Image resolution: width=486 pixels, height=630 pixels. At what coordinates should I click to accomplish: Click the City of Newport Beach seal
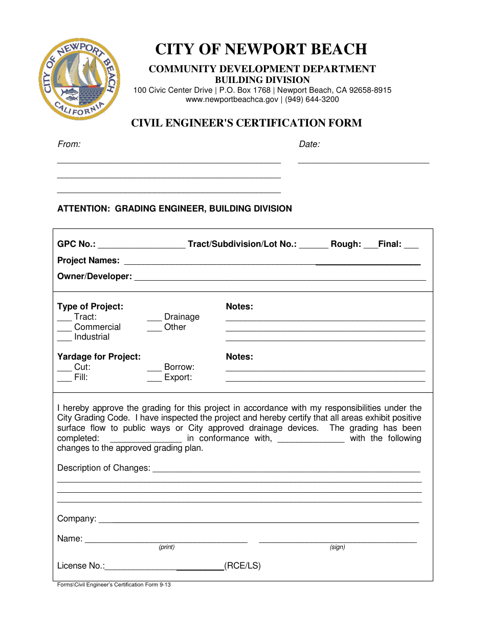coord(79,79)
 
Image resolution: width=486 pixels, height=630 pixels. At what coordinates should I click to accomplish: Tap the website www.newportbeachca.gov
coord(232,99)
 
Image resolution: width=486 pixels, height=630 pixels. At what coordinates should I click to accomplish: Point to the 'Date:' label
coord(309,144)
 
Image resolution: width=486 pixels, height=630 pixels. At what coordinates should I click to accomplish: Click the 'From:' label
coord(69,144)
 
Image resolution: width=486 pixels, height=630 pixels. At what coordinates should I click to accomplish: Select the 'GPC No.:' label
coord(76,244)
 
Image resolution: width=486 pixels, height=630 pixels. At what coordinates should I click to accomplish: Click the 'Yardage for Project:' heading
coord(99,357)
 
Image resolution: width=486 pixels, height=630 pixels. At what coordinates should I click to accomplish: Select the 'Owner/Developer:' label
coord(95,277)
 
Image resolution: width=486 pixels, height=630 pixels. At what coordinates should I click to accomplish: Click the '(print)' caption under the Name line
coord(167,547)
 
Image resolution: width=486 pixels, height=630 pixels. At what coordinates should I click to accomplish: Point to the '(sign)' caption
coord(337,547)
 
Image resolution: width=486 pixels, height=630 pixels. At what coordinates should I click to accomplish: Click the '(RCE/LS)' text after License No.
coord(242,566)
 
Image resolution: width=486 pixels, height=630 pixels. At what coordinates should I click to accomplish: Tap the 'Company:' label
coord(77,519)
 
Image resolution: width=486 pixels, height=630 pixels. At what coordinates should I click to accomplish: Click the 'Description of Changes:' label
coord(104,468)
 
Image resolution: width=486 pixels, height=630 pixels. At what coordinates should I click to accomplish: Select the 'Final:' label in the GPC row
coord(390,244)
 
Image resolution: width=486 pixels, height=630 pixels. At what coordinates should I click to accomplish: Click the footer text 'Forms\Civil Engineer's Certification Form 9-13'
coord(114,585)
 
